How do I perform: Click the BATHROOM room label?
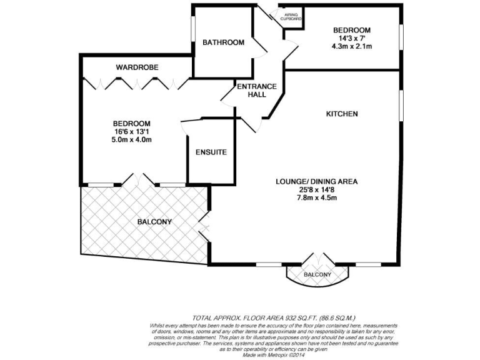pyautogui.click(x=223, y=42)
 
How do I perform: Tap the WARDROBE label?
pyautogui.click(x=137, y=67)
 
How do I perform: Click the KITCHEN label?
pyautogui.click(x=342, y=114)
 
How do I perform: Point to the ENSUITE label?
pyautogui.click(x=211, y=152)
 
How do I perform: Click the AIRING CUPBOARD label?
pyautogui.click(x=291, y=16)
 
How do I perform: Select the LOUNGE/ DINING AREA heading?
pyautogui.click(x=316, y=182)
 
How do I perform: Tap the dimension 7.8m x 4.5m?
pyautogui.click(x=316, y=198)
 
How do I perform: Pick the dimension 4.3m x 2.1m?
pyautogui.click(x=351, y=46)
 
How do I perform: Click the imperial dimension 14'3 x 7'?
pyautogui.click(x=351, y=38)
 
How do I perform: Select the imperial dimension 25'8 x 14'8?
pyautogui.click(x=316, y=190)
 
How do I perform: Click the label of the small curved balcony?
pyautogui.click(x=317, y=275)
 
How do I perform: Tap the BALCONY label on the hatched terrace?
pyautogui.click(x=154, y=222)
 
